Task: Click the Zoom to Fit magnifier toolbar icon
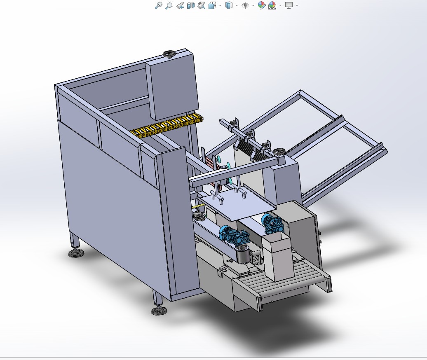pyautogui.click(x=158, y=5)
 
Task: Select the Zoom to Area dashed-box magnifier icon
pyautogui.click(x=169, y=5)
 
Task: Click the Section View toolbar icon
pyautogui.click(x=191, y=5)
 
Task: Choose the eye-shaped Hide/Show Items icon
pyautogui.click(x=245, y=5)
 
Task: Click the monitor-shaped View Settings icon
pyautogui.click(x=289, y=5)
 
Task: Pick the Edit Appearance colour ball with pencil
pyautogui.click(x=261, y=5)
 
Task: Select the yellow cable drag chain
pyautogui.click(x=167, y=126)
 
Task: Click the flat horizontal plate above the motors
pyautogui.click(x=239, y=206)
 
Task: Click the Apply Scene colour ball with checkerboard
pyautogui.click(x=272, y=5)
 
